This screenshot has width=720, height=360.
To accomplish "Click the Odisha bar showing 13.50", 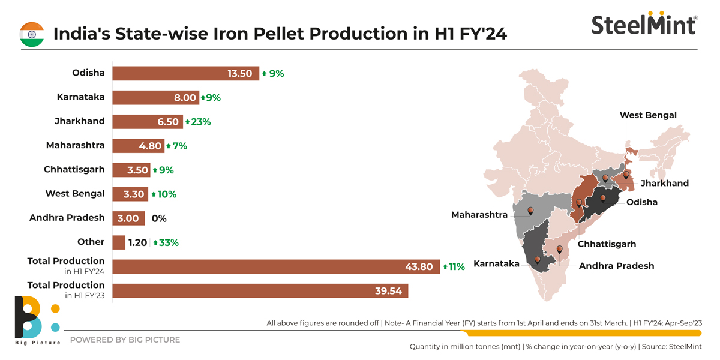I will [185, 73].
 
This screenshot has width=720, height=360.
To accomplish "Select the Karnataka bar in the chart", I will [155, 97].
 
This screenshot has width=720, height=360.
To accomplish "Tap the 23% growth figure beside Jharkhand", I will [198, 122].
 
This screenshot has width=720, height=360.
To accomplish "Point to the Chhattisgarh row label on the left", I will [74, 169].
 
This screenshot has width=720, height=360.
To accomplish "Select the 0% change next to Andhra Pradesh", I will [159, 218].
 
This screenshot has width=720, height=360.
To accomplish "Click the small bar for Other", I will [119, 242].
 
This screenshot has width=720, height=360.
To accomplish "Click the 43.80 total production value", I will [418, 267].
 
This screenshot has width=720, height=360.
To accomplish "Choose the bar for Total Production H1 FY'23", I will [260, 291].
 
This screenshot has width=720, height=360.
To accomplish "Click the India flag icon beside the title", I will [32, 34].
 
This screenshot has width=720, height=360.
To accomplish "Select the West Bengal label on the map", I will [648, 115].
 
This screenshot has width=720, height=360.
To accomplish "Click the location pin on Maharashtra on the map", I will [530, 211].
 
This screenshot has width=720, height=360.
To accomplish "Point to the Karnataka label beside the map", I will [496, 263].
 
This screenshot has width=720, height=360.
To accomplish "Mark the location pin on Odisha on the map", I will [603, 197].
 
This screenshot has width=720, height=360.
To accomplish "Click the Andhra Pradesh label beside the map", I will [616, 265].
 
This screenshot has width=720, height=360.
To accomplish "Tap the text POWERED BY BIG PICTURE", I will [125, 340].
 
